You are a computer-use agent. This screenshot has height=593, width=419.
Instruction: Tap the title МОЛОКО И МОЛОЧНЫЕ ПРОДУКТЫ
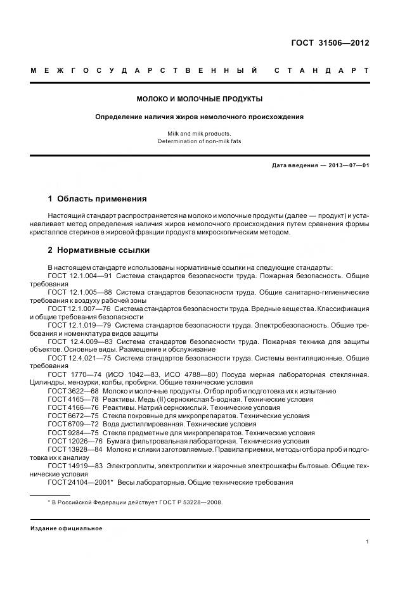tap(200, 99)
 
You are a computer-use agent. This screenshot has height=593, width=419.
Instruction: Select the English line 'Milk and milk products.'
tap(200, 134)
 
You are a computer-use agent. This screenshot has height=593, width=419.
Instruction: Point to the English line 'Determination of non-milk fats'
tap(200, 141)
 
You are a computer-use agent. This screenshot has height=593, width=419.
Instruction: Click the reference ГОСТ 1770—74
tap(69, 375)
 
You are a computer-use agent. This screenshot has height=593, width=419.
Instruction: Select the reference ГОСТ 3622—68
tap(69, 392)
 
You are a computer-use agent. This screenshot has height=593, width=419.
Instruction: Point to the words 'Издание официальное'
tap(66, 528)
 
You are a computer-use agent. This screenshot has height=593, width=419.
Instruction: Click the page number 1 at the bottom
tap(367, 542)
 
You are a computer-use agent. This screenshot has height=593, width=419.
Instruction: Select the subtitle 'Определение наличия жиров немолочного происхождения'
tap(200, 117)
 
